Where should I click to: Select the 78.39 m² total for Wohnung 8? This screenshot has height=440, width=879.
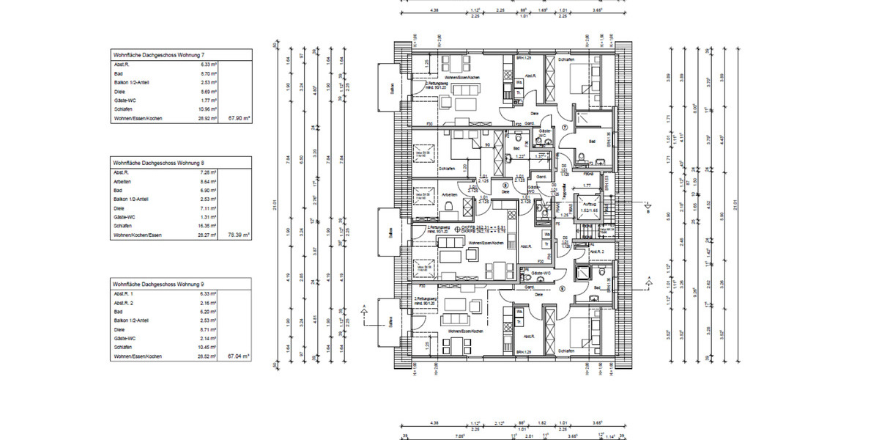239,235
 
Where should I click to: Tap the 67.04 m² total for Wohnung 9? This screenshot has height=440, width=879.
239,356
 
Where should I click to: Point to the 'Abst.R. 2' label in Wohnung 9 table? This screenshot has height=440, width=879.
123,301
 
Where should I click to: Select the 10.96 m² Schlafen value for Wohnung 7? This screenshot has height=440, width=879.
209,109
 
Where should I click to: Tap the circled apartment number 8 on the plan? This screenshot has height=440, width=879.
505,186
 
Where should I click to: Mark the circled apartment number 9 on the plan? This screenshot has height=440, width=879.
562,288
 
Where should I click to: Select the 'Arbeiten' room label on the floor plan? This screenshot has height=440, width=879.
450,194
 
